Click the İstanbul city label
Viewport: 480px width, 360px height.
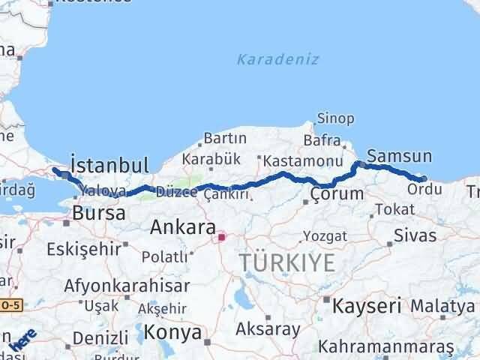pos(109,164)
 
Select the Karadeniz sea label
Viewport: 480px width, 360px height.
pos(277,59)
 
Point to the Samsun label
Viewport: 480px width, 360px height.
pos(400,157)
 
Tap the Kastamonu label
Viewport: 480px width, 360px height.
pos(292,160)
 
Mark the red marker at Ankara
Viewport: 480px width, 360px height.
pos(222,238)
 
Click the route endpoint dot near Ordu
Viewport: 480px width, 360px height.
pos(424,178)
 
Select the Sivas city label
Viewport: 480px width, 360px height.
pos(415,235)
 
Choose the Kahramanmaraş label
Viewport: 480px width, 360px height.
pos(386,347)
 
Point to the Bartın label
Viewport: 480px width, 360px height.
pos(225,139)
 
